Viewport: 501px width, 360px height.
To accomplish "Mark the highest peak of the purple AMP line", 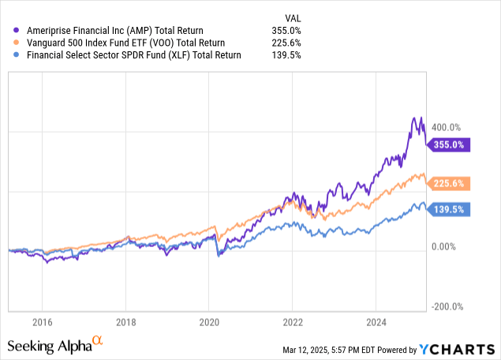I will (414, 117).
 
